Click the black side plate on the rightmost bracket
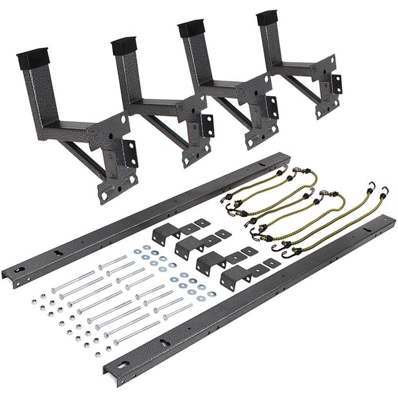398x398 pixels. pos(337,84)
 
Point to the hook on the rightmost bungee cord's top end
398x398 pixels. pos(385,190)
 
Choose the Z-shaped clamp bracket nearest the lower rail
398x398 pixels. pos(234,273)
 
